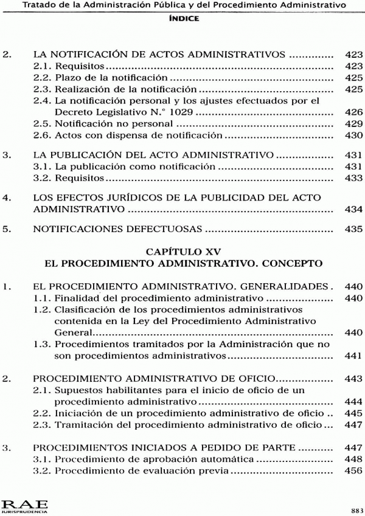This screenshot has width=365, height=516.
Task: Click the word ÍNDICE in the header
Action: [183, 19]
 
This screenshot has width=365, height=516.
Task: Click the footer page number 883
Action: [356, 509]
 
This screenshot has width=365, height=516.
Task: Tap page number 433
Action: [353, 179]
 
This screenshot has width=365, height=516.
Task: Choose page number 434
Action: [353, 209]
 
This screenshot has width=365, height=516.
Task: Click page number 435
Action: [353, 230]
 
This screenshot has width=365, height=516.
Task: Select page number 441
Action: [353, 356]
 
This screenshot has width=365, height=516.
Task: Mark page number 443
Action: [353, 378]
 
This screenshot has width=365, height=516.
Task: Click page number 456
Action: [353, 470]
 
